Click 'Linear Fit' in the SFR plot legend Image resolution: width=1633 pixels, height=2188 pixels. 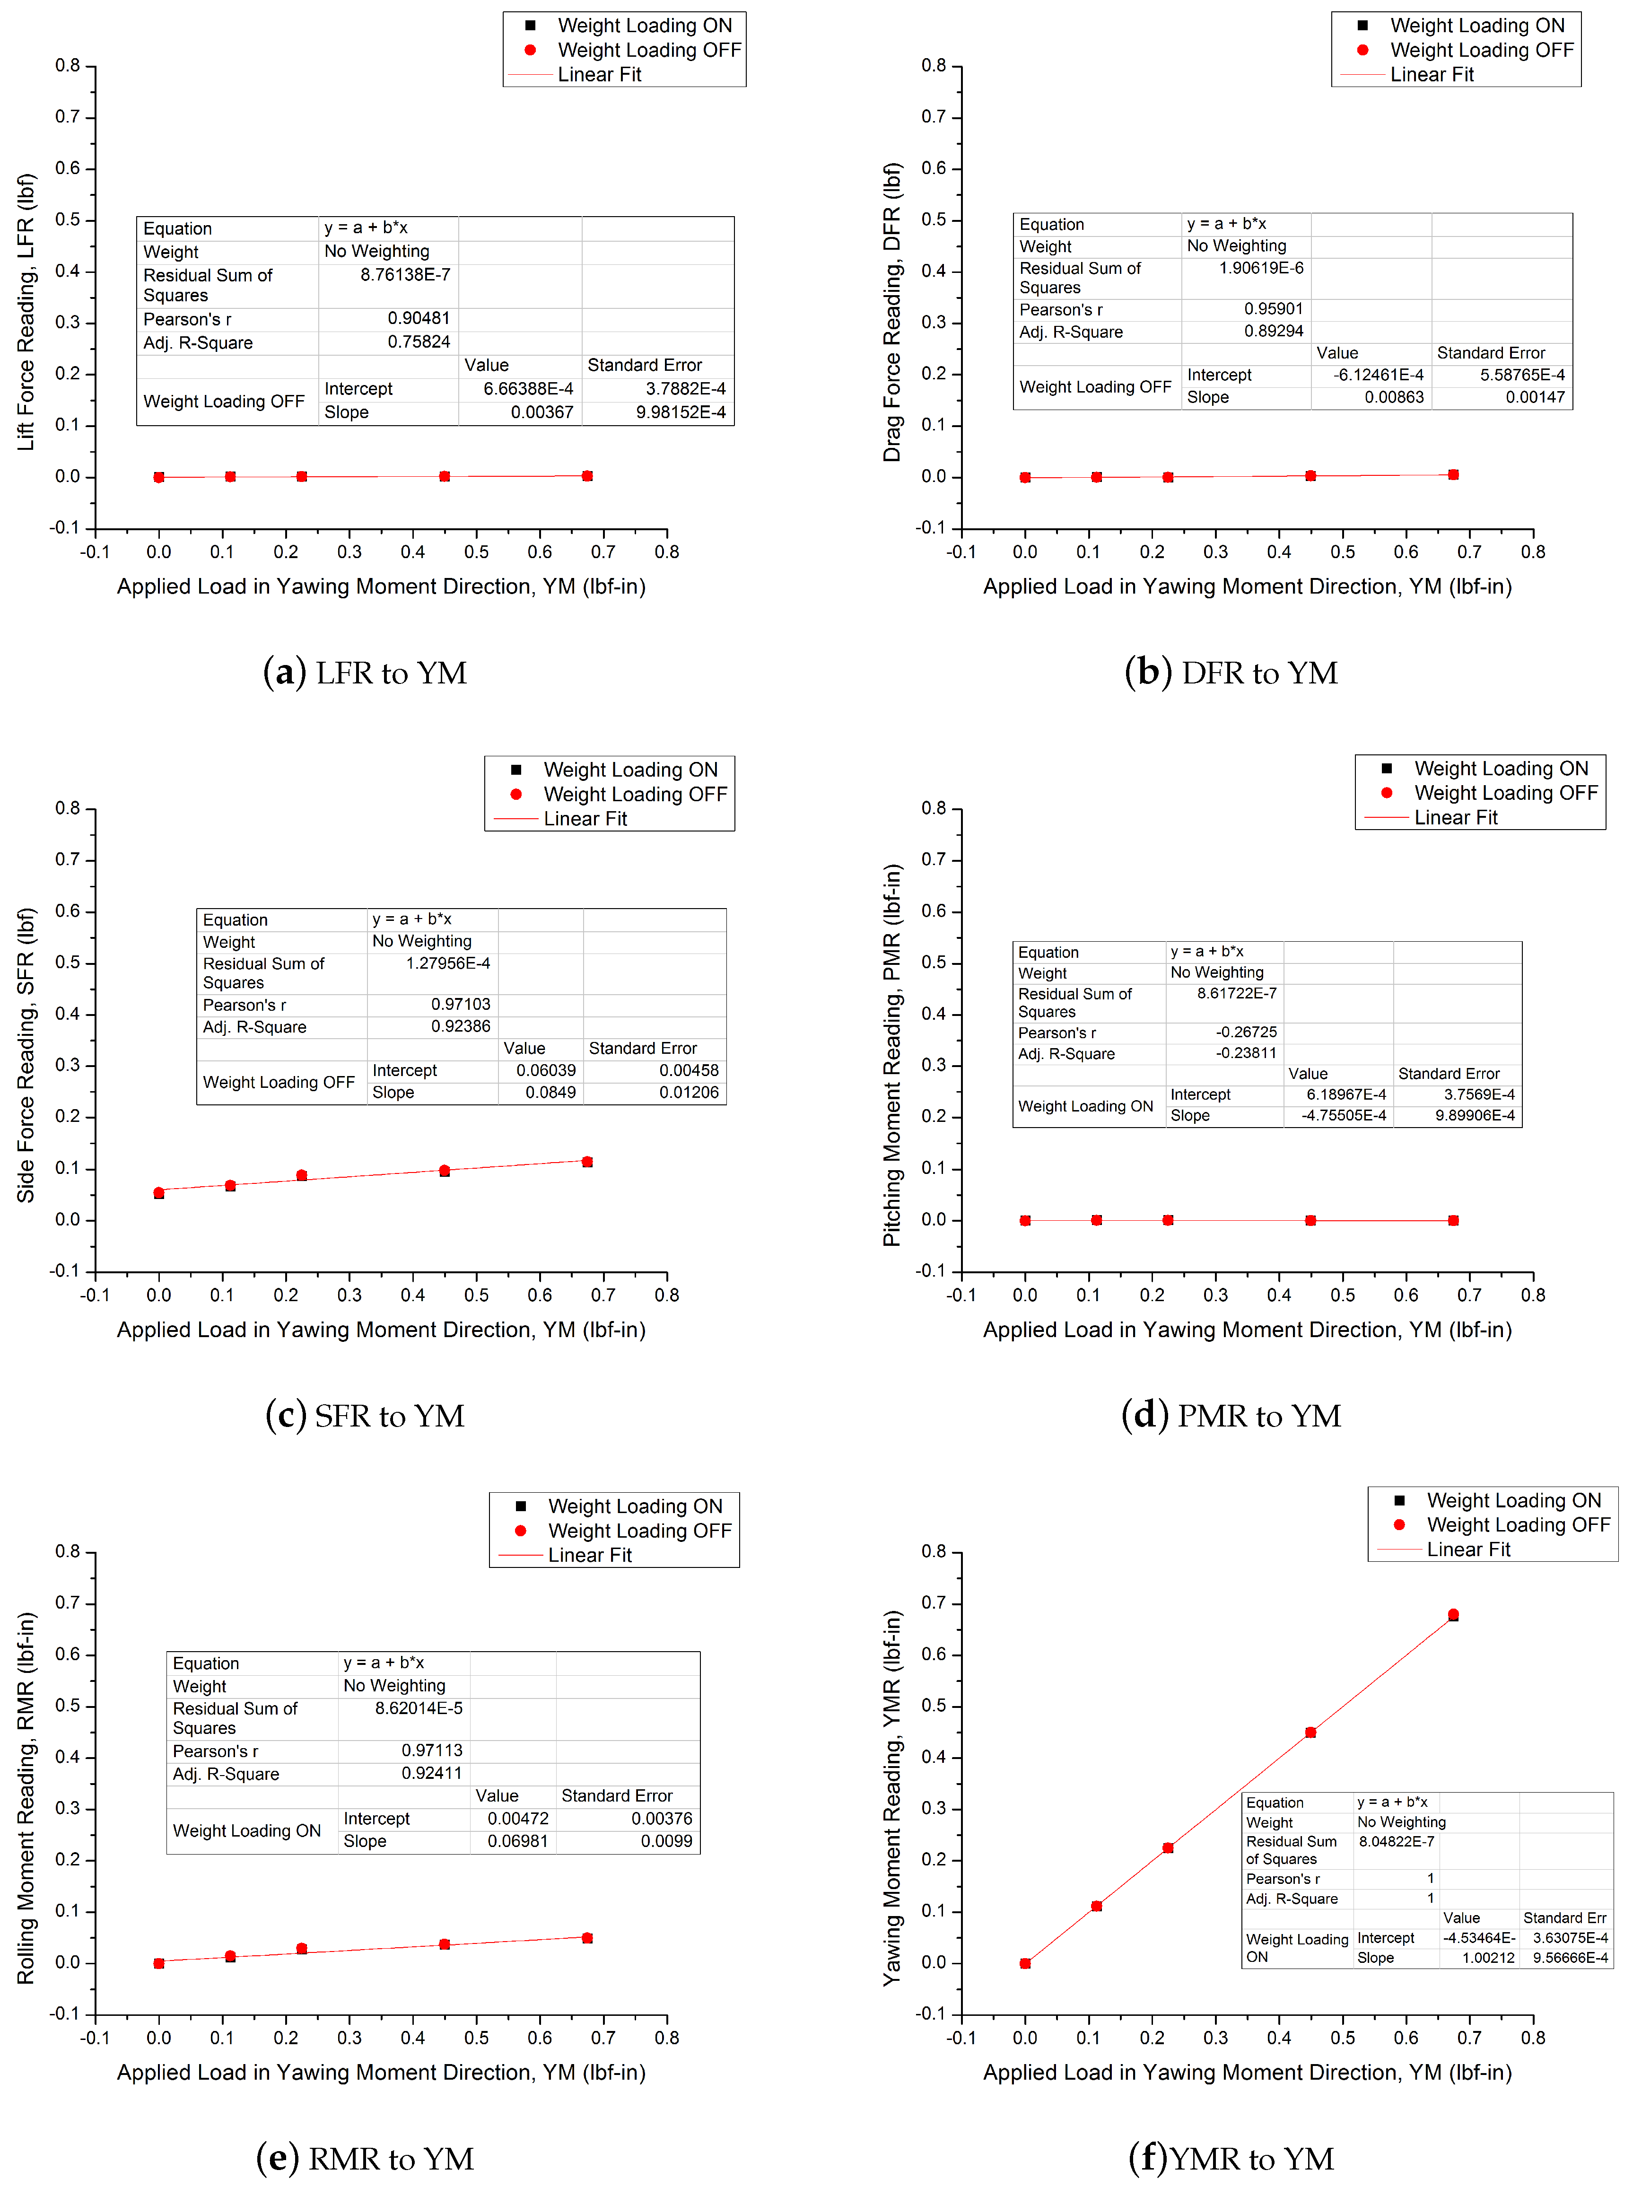[585, 819]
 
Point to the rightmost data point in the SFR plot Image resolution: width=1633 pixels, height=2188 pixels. [587, 1162]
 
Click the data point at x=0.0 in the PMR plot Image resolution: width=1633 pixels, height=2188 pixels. [1025, 1220]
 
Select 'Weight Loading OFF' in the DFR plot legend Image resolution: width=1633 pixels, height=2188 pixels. [1481, 50]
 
